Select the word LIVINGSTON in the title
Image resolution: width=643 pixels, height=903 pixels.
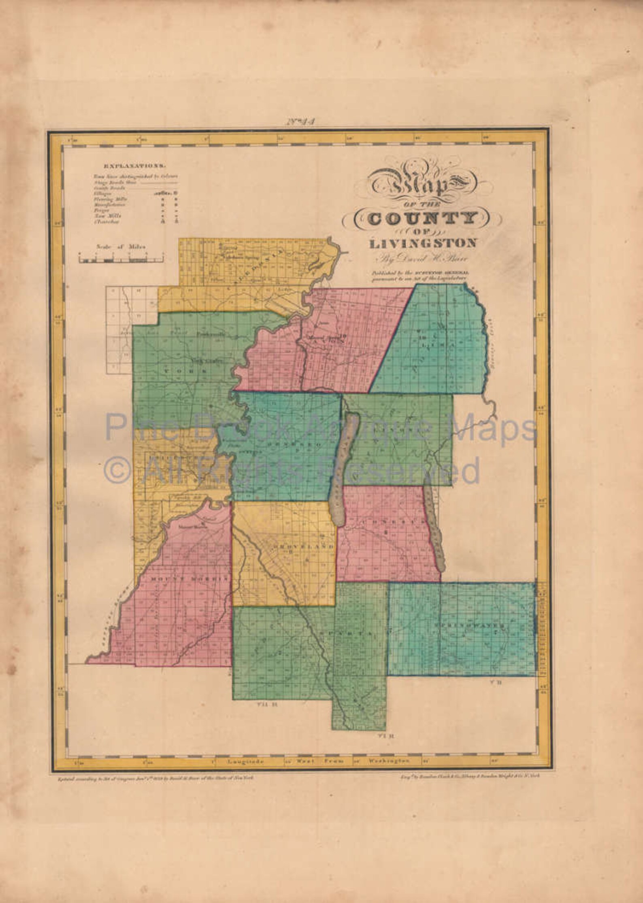coord(422,244)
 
